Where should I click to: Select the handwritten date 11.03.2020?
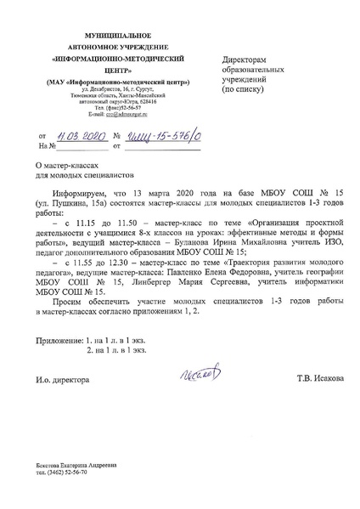pyautogui.click(x=81, y=135)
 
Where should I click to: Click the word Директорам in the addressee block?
pyautogui.click(x=243, y=61)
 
